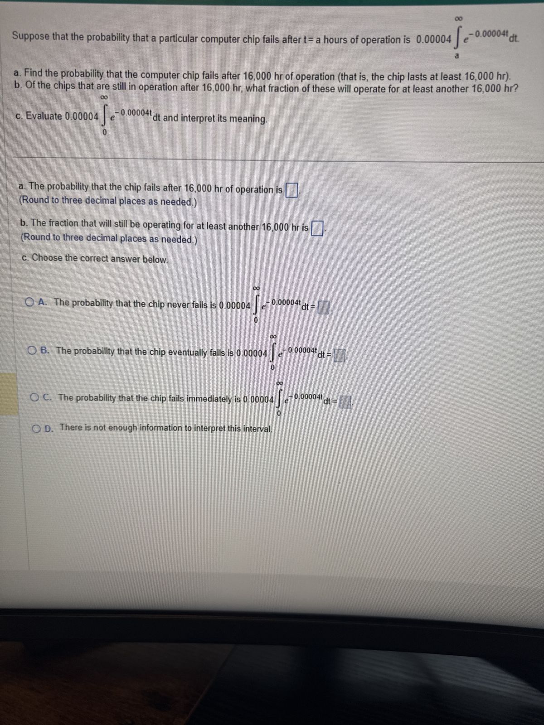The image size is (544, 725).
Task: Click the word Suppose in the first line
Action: tap(30, 36)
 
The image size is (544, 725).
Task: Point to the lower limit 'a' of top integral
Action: tap(458, 56)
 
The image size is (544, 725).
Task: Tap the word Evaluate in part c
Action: tap(44, 116)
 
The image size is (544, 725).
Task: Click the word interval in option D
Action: tap(257, 428)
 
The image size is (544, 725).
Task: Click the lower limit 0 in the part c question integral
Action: tap(104, 133)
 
